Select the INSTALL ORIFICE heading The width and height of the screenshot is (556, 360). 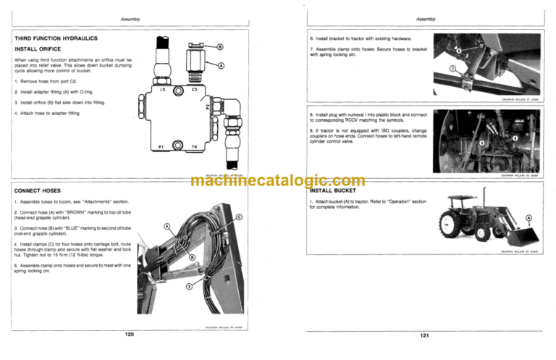coord(37,50)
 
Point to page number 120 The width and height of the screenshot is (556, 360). coord(129,335)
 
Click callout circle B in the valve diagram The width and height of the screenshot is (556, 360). coord(219,48)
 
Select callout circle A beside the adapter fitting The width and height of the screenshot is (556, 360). coord(221,66)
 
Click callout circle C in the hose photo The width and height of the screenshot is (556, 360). coord(239,218)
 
